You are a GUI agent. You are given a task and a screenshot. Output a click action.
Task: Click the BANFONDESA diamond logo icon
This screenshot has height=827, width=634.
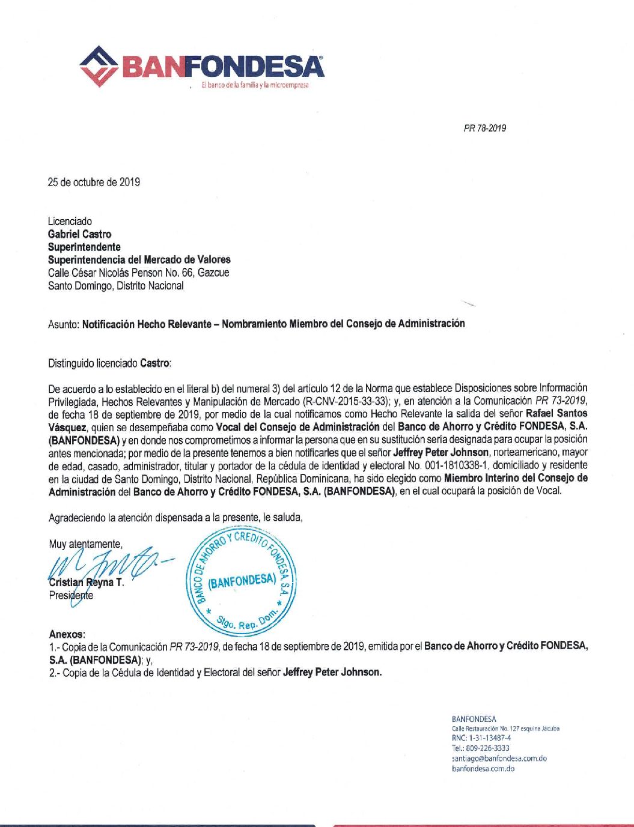[99, 66]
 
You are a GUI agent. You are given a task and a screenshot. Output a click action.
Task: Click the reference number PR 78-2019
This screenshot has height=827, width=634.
[484, 128]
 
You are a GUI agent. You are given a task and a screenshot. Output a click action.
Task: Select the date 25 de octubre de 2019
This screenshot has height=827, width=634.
[94, 182]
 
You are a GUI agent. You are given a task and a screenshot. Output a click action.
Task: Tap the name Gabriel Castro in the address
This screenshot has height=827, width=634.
[79, 234]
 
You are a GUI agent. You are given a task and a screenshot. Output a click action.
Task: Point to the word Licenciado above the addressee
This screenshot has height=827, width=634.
[70, 222]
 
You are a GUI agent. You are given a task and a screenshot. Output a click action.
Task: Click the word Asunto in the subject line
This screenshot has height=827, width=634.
[62, 324]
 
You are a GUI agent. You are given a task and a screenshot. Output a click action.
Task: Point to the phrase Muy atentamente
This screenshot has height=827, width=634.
[85, 544]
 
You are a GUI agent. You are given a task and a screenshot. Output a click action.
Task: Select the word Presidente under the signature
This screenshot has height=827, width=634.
[71, 595]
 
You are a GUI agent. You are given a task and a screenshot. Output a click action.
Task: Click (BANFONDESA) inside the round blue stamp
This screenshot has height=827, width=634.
[242, 580]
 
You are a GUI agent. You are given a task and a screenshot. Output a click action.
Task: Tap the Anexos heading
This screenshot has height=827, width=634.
[67, 634]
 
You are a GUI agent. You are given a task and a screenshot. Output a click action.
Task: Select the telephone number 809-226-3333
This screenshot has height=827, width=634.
[480, 748]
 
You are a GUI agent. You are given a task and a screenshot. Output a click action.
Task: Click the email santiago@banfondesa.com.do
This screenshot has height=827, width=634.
[499, 759]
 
